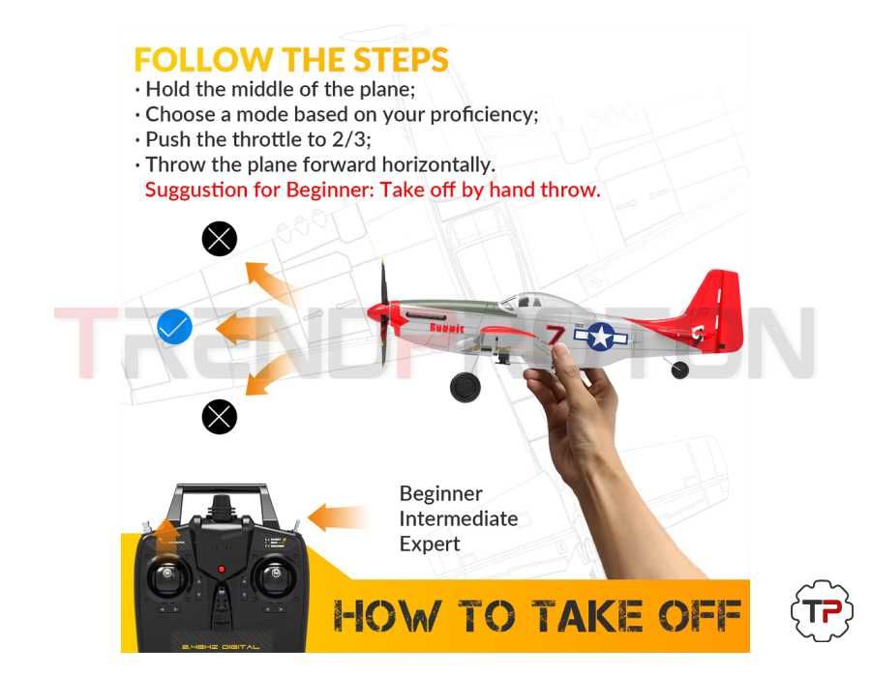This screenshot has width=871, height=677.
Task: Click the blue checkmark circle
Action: click(x=174, y=328)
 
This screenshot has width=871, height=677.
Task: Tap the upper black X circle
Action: click(x=220, y=238)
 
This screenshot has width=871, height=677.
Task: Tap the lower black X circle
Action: click(x=220, y=417)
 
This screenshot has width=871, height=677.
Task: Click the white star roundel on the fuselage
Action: click(x=600, y=336)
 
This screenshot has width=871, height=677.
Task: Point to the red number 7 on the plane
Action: click(x=555, y=337)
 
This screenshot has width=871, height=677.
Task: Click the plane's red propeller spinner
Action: click(x=375, y=313)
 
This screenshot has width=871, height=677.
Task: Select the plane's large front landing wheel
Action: click(x=466, y=387)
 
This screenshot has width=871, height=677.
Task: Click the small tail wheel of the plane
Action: click(x=680, y=369)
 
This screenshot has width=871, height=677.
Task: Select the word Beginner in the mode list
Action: click(x=440, y=494)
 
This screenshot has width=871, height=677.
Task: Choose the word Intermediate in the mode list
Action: click(x=458, y=518)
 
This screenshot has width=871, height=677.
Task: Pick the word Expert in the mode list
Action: click(x=429, y=544)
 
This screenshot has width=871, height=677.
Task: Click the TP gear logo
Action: click(x=822, y=611)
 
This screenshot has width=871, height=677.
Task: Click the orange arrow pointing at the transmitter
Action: click(x=336, y=517)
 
